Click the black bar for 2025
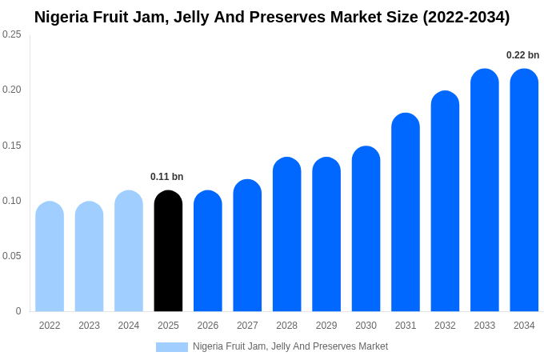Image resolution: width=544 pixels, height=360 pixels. pos(168,251)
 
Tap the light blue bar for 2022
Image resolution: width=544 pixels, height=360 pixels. pos(50,257)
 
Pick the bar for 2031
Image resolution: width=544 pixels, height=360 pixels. pos(406,212)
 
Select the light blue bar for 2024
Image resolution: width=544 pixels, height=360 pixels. pos(129,251)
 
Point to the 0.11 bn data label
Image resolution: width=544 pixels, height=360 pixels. pos(167,177)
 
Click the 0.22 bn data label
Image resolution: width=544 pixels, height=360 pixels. pos(523,55)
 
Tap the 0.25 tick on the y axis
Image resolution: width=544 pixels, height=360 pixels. pos(12,34)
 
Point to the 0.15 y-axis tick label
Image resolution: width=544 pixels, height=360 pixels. pos(12,146)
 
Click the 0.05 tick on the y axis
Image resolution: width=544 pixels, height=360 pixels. pos(12,256)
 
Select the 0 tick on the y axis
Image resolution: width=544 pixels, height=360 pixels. pos(18,311)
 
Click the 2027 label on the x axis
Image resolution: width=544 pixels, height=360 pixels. pos(247,326)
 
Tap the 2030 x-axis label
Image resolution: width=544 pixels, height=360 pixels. pos(366,326)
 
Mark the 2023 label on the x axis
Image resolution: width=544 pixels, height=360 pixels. pos(89,326)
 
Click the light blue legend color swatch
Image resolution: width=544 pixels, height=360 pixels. pos(172,347)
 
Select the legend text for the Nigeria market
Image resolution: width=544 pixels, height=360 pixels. pos(290,346)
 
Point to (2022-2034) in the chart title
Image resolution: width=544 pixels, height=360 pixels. pos(466,17)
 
